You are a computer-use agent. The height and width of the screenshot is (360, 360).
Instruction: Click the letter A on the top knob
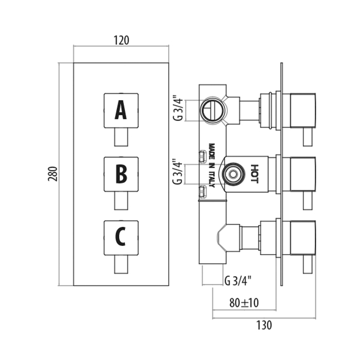click(120, 110)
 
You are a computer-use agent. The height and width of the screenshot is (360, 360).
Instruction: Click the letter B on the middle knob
click(120, 173)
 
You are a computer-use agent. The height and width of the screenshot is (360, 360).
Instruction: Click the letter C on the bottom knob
click(120, 237)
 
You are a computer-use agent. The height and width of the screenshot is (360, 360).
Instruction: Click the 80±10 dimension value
click(244, 303)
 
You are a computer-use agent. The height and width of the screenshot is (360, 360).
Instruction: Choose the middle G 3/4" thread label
click(178, 172)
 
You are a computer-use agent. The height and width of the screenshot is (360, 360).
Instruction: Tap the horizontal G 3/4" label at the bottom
click(238, 281)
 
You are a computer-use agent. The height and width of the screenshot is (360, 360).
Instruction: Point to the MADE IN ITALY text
click(211, 160)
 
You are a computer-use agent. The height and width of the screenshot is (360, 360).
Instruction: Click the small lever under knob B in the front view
click(120, 201)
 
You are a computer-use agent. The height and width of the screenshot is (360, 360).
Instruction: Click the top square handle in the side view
click(302, 110)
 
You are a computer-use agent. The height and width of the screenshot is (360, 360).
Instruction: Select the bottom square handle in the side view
click(302, 238)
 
